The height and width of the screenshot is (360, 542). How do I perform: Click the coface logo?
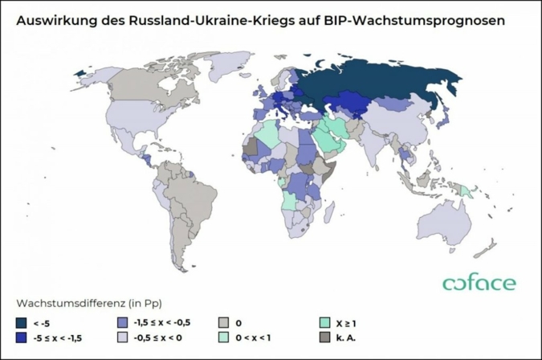[479, 283]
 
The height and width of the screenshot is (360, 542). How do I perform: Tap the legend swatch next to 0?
[224, 322]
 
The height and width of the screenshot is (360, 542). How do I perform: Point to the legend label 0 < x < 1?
[256, 338]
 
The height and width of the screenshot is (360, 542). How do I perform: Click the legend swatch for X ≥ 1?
[324, 322]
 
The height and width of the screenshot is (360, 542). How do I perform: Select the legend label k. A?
[345, 338]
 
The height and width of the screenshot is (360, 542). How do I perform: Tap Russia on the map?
[377, 80]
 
